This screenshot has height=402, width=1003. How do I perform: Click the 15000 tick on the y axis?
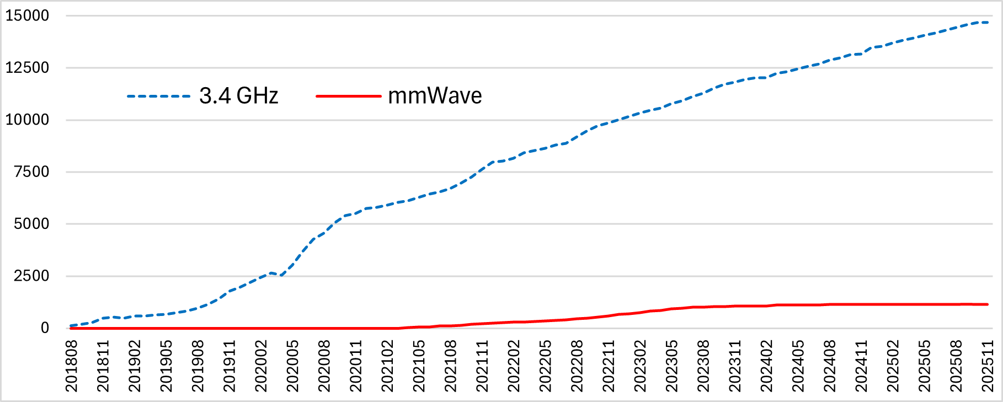coord(27,15)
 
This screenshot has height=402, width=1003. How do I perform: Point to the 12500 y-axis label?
coord(27,68)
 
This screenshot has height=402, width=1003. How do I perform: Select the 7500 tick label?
coord(31,172)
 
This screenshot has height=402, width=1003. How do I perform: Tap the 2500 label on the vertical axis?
coord(31,276)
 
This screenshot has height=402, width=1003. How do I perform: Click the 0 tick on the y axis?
coord(45,328)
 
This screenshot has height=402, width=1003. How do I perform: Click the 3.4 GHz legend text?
coord(238,96)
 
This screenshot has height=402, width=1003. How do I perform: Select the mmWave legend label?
coord(435,96)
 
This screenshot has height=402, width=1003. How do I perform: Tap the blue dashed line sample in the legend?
coord(159,97)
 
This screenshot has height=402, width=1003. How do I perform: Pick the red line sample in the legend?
coord(348,97)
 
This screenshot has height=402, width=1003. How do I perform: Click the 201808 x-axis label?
coord(72,366)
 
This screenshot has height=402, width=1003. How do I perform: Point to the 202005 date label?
coord(293,366)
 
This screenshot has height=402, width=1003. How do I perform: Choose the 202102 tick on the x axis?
coord(388,366)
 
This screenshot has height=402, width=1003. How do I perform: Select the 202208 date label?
coord(577,366)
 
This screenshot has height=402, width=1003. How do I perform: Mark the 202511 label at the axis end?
coord(988,366)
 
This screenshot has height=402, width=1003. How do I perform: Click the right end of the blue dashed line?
coord(987,23)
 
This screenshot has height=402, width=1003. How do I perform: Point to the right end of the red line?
coord(987,304)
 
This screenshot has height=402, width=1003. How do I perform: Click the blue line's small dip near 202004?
coord(281,275)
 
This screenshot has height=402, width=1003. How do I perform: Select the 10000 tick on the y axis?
coord(27,120)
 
